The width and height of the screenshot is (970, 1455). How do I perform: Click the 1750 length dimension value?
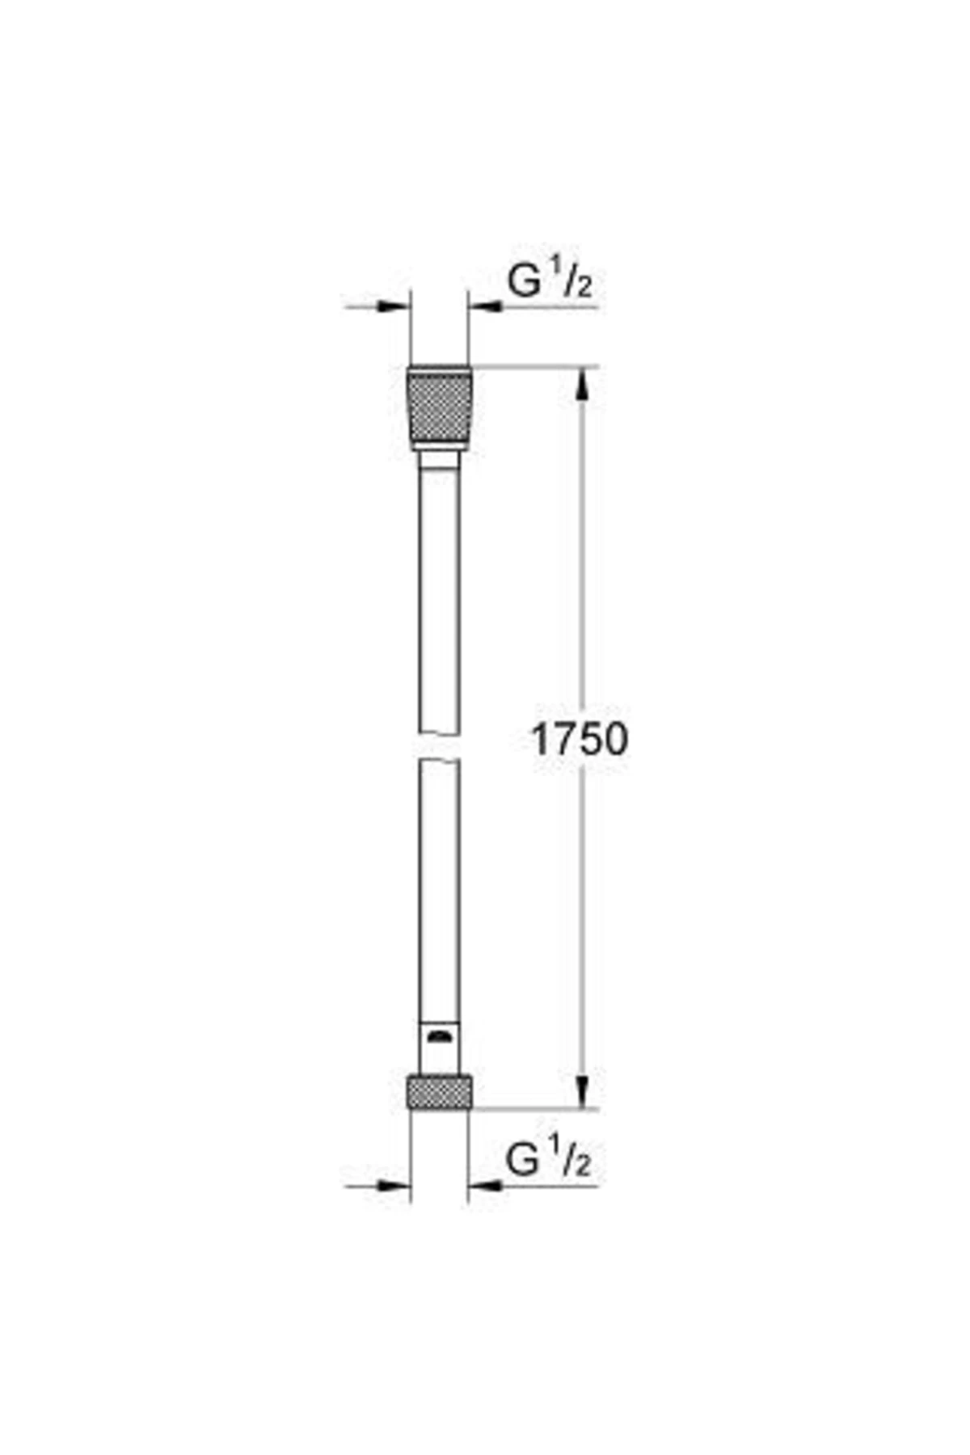tap(579, 739)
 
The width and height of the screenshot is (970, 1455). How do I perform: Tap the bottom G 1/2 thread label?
tap(549, 1158)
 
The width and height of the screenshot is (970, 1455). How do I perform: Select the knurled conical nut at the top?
tap(439, 408)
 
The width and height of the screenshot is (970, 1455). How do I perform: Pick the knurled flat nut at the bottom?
tap(439, 1090)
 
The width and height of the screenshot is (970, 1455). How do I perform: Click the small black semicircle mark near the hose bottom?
tap(439, 1036)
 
